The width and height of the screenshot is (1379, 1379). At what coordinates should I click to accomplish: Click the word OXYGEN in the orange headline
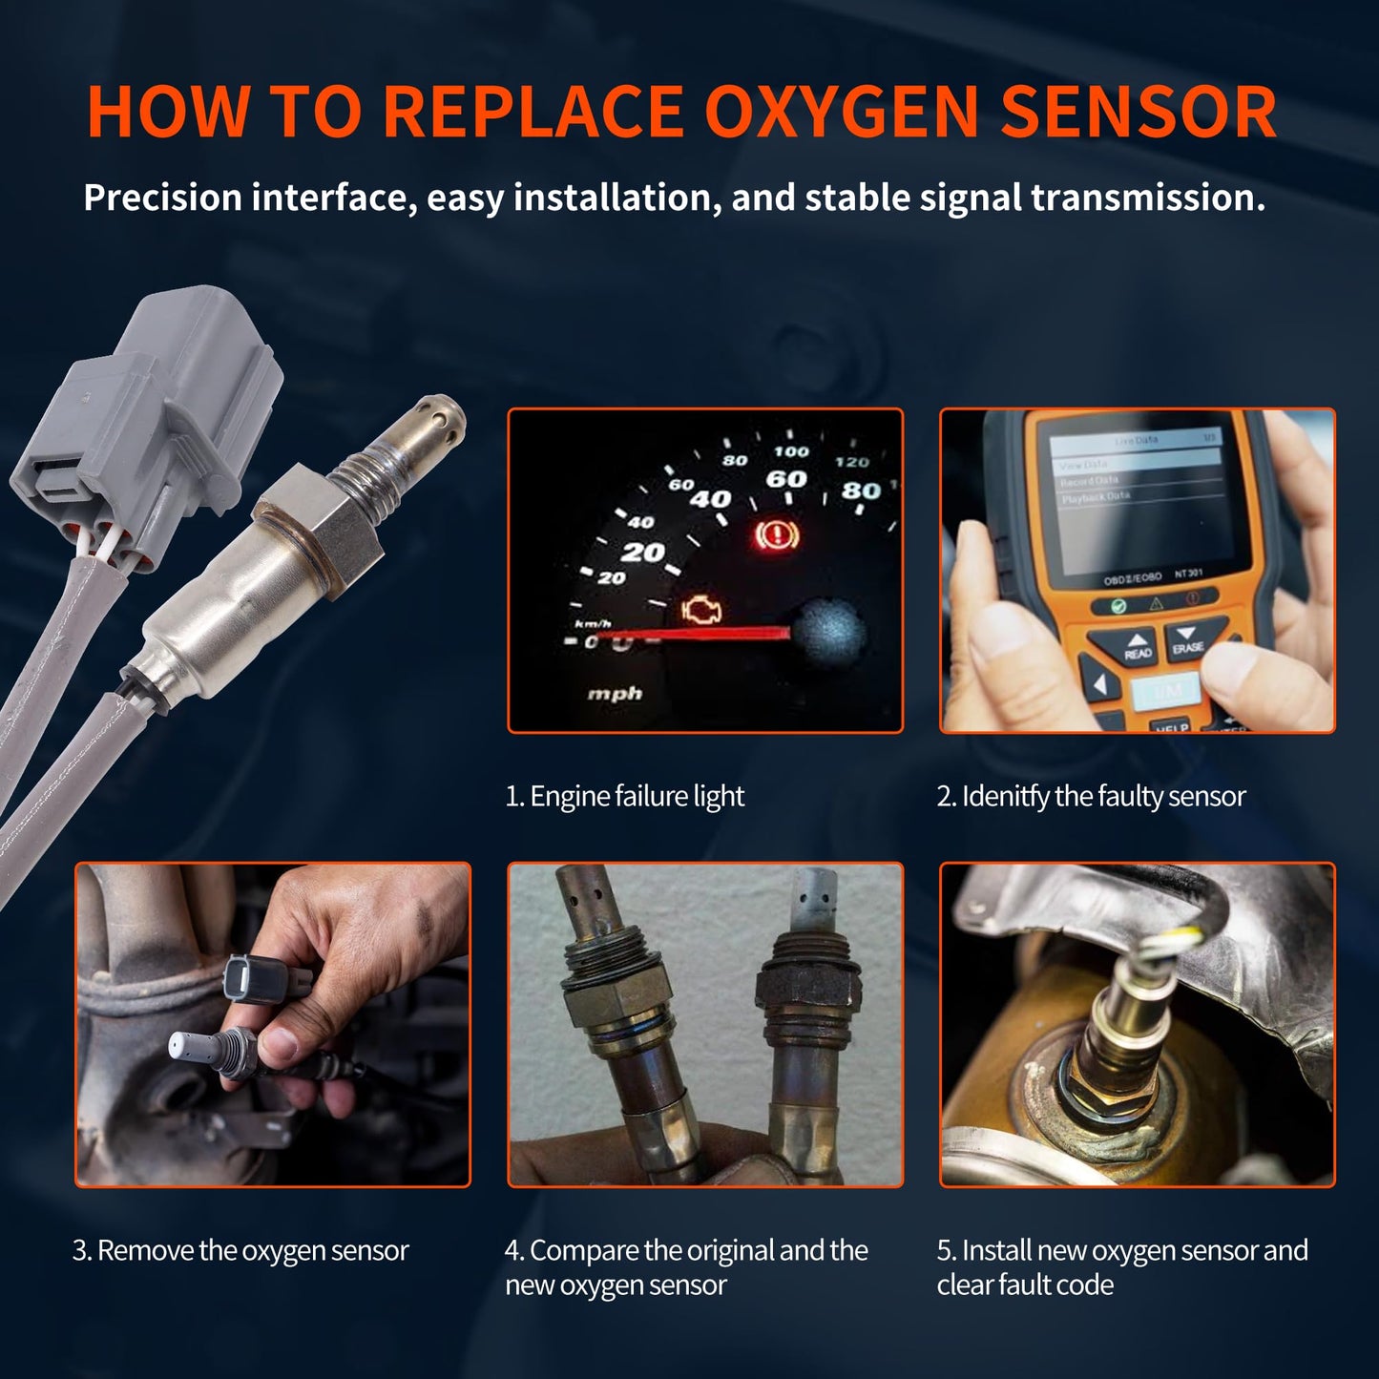(x=841, y=113)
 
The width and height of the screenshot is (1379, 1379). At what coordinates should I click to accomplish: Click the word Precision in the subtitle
(x=162, y=198)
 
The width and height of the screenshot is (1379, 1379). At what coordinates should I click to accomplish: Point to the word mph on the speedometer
(x=614, y=694)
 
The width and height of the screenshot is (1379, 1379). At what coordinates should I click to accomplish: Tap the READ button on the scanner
(x=1138, y=648)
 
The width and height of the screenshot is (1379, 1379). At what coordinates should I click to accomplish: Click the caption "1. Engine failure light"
(x=624, y=796)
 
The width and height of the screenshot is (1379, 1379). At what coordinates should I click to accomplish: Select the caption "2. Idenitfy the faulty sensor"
(x=1091, y=796)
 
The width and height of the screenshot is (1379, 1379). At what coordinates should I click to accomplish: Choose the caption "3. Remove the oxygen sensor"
(x=240, y=1250)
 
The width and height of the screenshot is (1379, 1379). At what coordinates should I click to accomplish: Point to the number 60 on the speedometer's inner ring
(x=786, y=480)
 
